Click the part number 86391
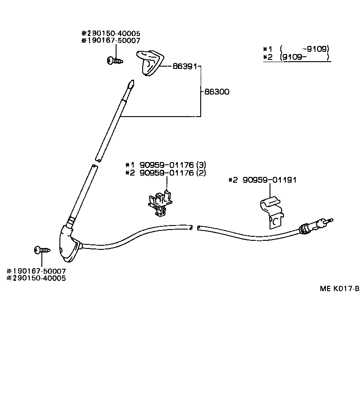(185, 66)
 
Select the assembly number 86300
(216, 92)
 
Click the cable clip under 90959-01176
(160, 203)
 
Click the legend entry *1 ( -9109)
(297, 49)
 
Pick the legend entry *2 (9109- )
(297, 57)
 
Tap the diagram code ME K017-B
(339, 289)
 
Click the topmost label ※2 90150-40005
(111, 33)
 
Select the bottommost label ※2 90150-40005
(36, 278)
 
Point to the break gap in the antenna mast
(96, 163)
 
